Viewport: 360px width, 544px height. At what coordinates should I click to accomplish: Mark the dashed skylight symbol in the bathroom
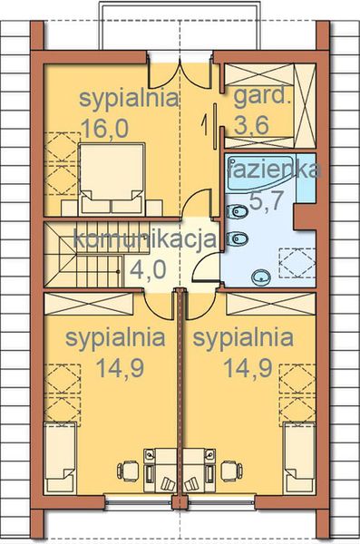click(295, 264)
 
